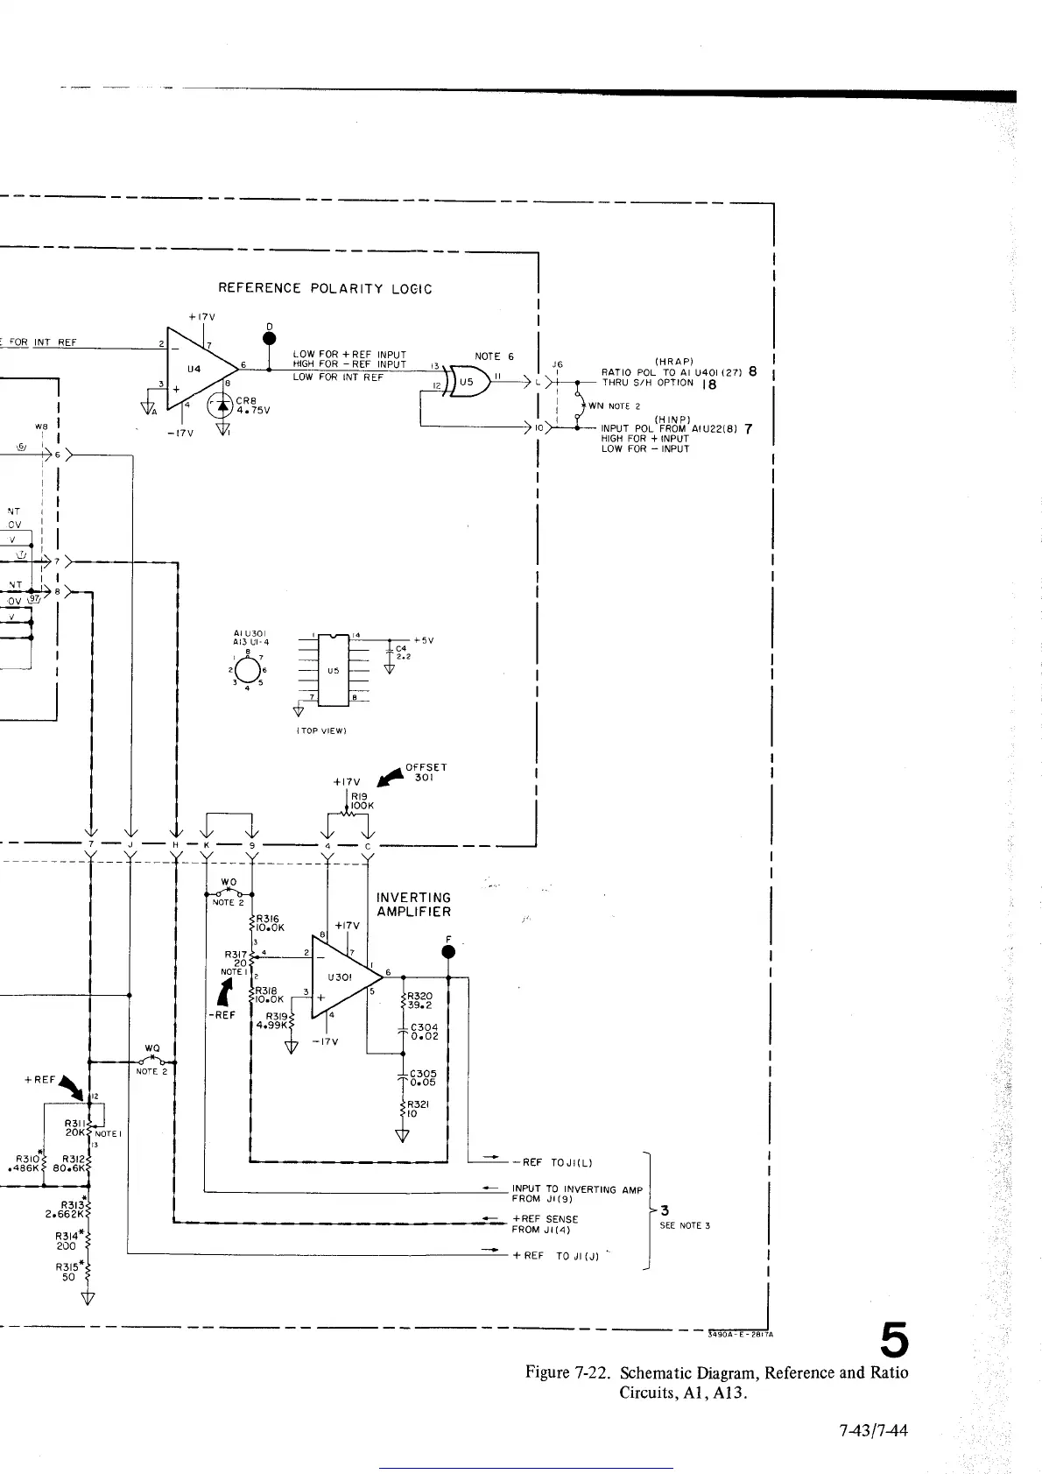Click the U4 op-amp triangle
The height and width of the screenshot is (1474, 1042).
pos(199,368)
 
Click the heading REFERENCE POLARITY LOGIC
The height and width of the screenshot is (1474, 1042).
pos(325,288)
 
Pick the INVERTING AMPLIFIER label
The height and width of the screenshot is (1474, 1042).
pos(413,904)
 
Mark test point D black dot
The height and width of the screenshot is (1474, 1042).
pos(270,339)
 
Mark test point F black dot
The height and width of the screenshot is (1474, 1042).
pos(448,952)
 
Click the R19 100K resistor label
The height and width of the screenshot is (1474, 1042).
pos(362,800)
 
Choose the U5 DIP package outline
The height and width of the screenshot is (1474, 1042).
pos(333,669)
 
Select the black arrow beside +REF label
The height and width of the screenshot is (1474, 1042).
pos(71,1089)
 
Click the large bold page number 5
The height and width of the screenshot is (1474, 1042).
pos(893,1340)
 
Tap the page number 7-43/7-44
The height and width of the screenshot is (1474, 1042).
pos(873,1431)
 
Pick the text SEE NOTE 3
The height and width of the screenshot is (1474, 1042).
pos(684,1225)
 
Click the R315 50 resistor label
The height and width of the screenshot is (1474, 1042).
pos(67,1271)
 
